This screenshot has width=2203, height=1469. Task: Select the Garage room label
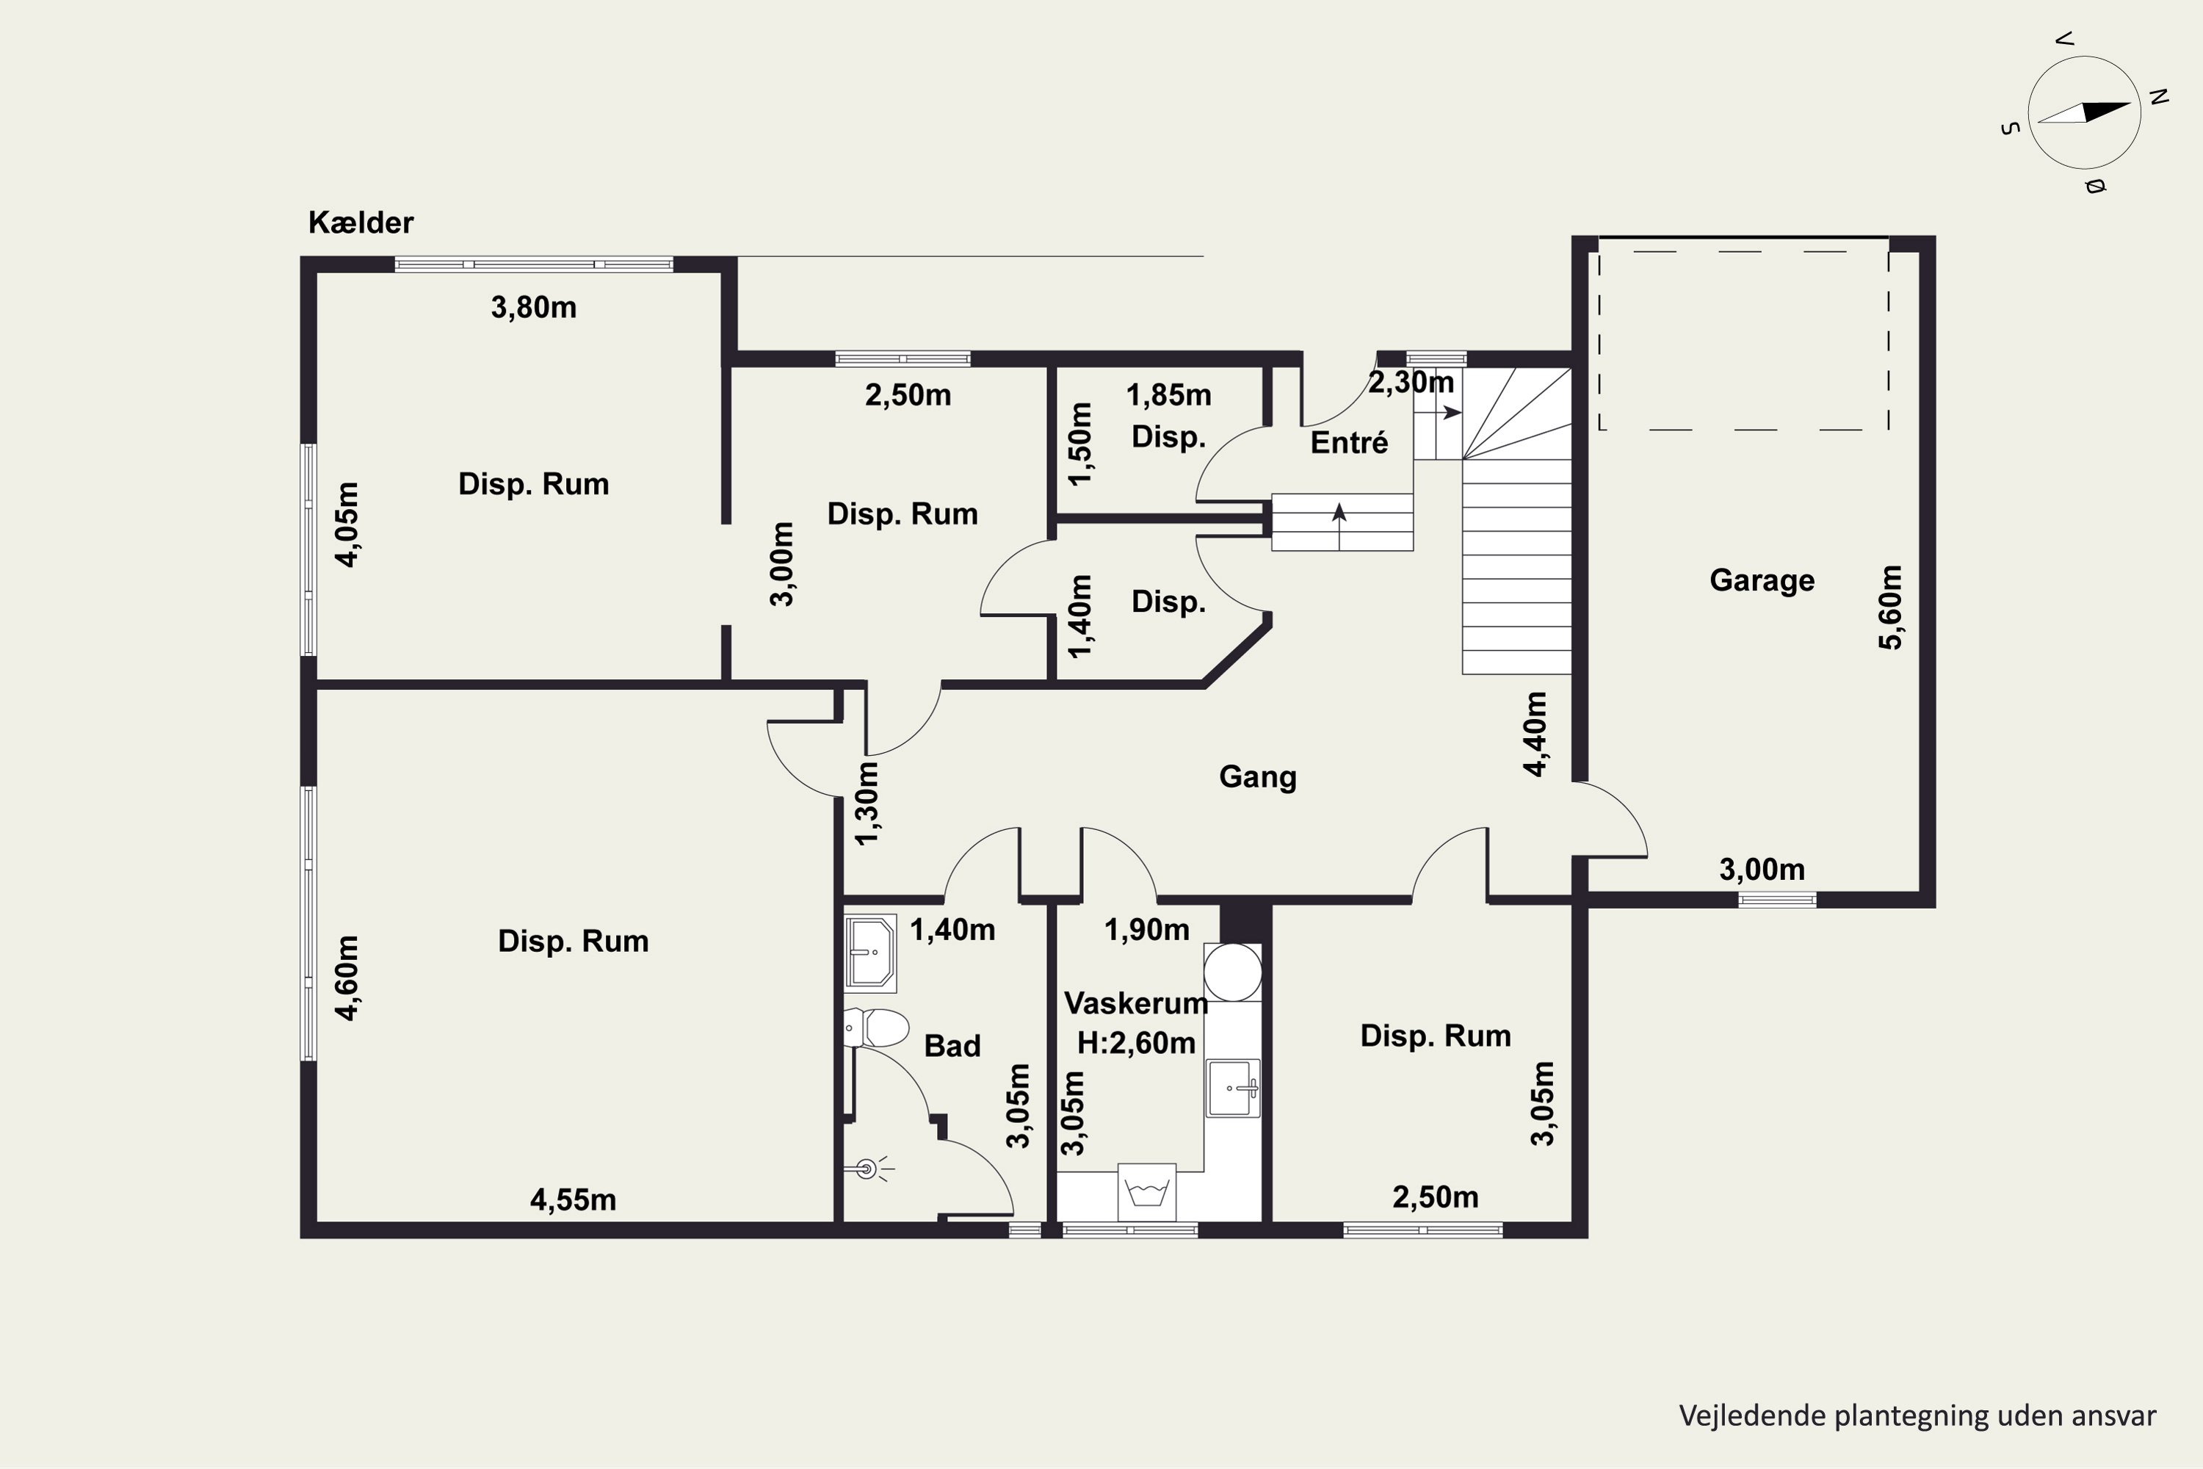[1762, 580]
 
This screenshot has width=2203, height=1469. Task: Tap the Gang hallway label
[1258, 776]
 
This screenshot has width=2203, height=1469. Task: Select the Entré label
[1349, 442]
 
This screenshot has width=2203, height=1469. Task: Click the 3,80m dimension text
[534, 307]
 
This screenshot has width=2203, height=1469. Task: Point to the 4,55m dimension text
[574, 1200]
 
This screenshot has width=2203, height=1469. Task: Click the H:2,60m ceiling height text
[1136, 1043]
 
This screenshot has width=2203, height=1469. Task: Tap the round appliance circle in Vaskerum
[1233, 972]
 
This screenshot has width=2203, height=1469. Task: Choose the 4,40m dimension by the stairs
[1535, 734]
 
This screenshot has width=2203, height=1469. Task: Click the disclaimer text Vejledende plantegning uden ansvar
[1917, 1415]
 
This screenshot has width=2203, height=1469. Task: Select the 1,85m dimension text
[1169, 395]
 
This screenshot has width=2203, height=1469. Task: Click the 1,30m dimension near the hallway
[867, 803]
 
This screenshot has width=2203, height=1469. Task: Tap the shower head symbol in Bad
[867, 1169]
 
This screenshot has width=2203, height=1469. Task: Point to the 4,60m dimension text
[347, 977]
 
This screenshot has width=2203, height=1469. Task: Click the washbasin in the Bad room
[870, 953]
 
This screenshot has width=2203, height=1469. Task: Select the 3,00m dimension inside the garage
[1762, 870]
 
